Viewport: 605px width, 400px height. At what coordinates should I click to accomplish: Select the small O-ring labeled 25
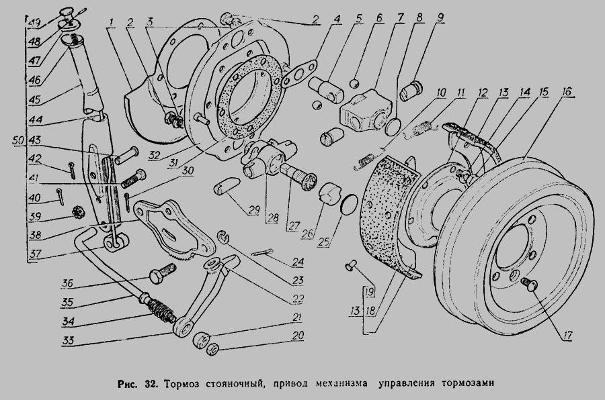click(x=347, y=203)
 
